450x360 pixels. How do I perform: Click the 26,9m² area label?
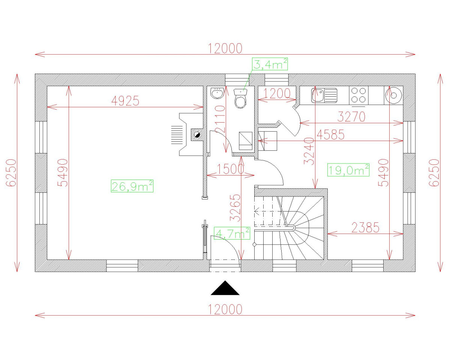132,186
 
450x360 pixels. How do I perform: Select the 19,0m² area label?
348,170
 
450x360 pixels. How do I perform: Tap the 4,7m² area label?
232,234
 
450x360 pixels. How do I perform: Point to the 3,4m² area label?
270,64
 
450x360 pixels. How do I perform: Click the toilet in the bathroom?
240,99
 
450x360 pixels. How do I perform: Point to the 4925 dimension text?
126,100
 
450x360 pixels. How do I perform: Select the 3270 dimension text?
351,117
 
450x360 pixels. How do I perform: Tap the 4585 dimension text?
330,135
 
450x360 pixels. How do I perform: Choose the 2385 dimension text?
365,227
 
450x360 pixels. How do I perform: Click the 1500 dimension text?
231,169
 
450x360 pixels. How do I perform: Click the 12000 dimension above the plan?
225,48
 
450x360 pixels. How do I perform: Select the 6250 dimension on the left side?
11,172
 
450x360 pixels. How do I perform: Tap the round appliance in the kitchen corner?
393,94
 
